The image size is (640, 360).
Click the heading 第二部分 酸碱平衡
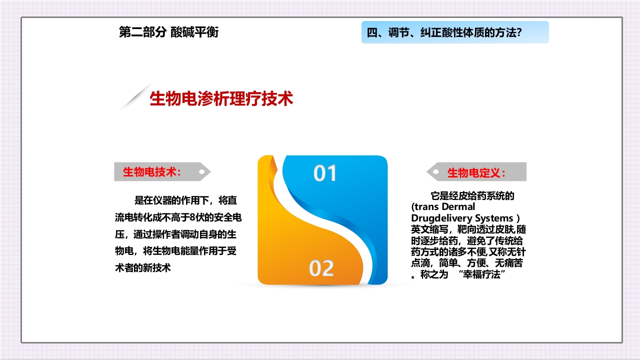point(168,32)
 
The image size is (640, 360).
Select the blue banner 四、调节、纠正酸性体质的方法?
point(454,32)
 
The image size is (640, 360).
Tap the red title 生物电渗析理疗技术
point(221,99)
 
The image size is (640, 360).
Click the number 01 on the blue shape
point(325,173)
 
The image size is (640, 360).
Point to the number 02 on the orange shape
point(321,268)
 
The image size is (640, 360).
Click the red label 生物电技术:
point(151,172)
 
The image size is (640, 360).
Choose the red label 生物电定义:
point(476,173)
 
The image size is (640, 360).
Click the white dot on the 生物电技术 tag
point(201,172)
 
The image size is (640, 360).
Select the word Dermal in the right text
point(458,206)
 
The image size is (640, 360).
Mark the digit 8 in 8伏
point(193,217)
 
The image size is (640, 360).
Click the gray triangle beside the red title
point(134,98)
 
